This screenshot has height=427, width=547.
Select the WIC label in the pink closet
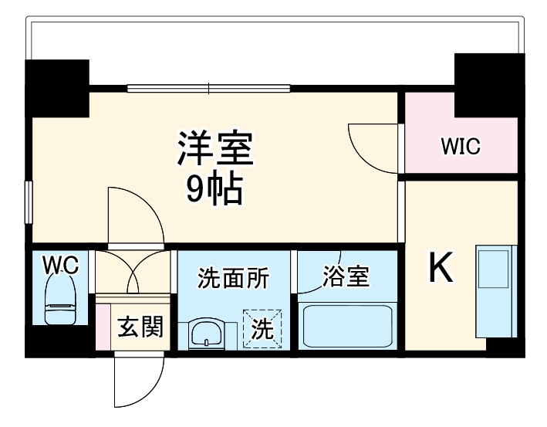click(x=461, y=146)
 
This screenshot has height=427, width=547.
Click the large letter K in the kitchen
click(x=441, y=269)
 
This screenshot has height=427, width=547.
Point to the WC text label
click(x=61, y=265)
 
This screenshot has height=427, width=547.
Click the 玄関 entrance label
click(x=141, y=327)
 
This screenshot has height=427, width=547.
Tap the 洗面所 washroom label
click(x=233, y=278)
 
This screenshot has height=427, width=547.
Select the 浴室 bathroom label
click(x=346, y=276)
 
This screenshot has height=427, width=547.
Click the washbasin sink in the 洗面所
click(x=206, y=334)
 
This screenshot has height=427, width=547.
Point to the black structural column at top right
click(x=488, y=81)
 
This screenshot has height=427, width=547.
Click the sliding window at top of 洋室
click(x=208, y=88)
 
